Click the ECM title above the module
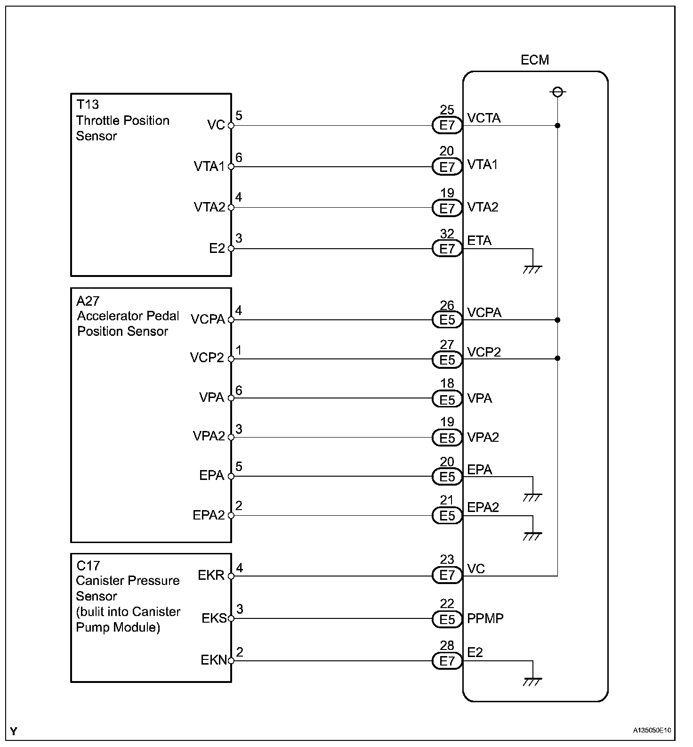tap(534, 60)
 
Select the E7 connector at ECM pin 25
tap(447, 126)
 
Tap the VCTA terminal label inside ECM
tap(483, 118)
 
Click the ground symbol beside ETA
tap(532, 269)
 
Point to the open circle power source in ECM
tap(557, 92)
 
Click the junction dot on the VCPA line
tap(557, 320)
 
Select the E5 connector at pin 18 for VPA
tap(447, 399)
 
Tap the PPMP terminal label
tap(485, 618)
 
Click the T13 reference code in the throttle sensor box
tap(87, 105)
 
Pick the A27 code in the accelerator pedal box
tap(88, 300)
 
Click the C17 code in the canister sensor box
tap(88, 565)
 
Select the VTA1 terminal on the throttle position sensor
tap(209, 166)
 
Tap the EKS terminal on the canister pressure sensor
tap(214, 618)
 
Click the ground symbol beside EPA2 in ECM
tap(532, 536)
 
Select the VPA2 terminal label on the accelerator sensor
tap(209, 436)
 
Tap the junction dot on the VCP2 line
tap(557, 358)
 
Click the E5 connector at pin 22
tap(447, 619)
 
